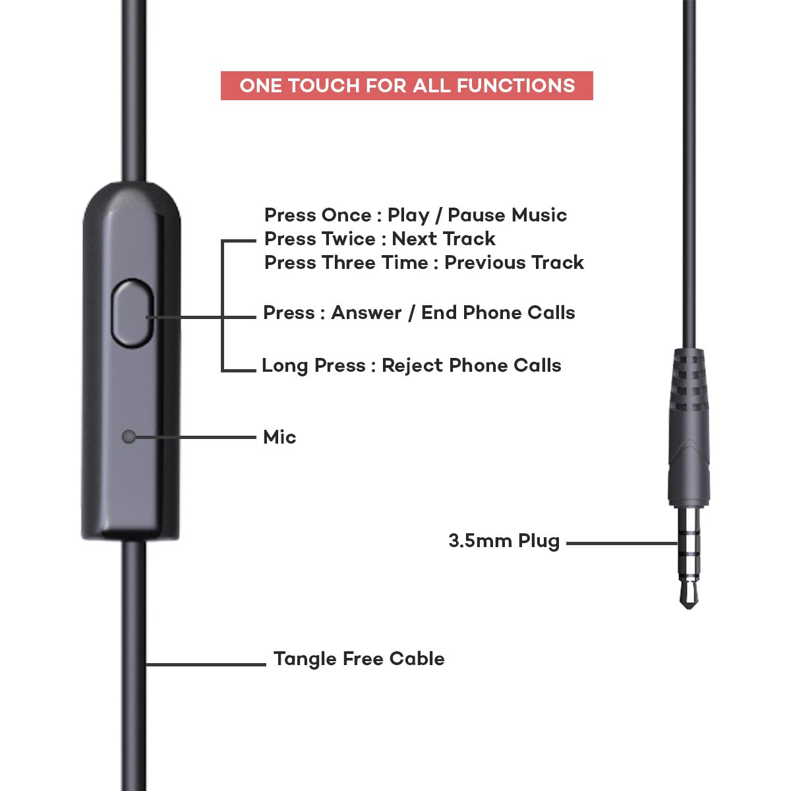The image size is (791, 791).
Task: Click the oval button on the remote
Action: click(132, 312)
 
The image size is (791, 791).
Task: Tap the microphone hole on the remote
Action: click(129, 436)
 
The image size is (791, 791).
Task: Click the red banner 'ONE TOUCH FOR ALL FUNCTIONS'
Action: click(407, 86)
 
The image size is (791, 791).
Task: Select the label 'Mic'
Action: click(279, 437)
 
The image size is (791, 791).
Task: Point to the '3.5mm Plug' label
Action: click(504, 541)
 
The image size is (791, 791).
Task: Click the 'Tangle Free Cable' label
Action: click(359, 659)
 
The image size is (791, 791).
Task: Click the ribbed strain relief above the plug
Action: click(689, 382)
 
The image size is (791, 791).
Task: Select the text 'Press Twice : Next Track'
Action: click(380, 239)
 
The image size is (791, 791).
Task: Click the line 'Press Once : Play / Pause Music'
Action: click(415, 215)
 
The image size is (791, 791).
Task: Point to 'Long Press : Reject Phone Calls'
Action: click(411, 366)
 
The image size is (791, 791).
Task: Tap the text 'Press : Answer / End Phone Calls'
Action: click(419, 313)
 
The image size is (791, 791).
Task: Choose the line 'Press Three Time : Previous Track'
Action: click(424, 262)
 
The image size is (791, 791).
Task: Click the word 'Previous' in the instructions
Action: click(485, 262)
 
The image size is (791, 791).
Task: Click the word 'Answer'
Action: click(366, 313)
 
